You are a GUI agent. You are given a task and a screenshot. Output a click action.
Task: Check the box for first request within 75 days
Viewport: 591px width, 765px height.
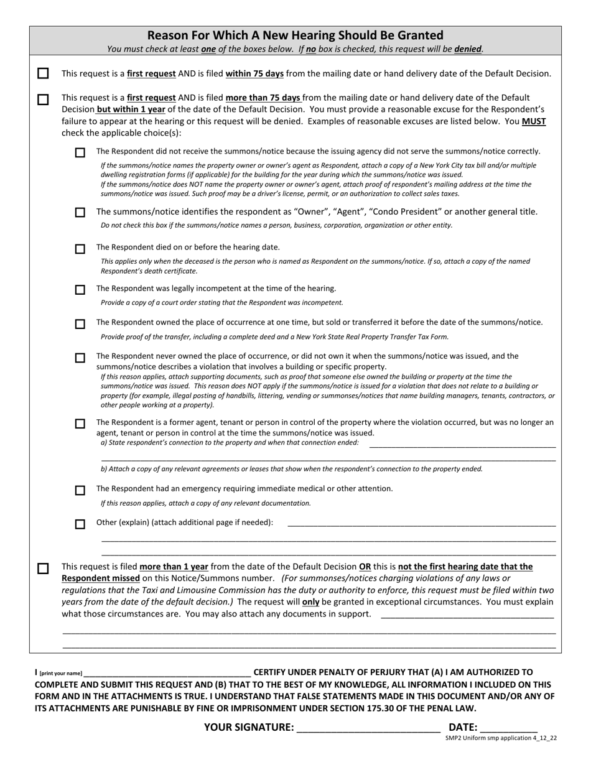43,73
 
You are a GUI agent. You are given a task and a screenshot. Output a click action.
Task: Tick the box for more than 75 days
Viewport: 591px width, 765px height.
43,100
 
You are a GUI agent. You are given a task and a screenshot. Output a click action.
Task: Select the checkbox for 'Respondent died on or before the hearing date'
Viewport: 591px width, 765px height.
80,249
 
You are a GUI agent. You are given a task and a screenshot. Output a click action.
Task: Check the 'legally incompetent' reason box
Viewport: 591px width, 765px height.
80,290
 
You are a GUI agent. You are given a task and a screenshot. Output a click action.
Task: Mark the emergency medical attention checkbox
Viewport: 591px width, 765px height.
80,490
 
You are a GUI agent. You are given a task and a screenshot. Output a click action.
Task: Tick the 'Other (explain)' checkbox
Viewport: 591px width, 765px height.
80,524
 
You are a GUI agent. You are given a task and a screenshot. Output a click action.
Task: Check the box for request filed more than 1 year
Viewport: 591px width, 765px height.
43,568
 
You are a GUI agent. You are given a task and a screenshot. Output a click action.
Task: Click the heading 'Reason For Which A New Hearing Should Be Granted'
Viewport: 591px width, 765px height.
295,35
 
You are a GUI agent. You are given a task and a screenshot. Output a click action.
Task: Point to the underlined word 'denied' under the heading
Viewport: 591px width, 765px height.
468,49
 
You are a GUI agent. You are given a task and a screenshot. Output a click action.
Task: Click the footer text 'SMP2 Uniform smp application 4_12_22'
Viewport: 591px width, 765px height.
501,738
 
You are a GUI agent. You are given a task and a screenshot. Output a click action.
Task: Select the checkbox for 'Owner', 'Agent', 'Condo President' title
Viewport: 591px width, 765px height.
80,213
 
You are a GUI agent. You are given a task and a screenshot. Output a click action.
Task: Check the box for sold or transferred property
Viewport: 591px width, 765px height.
80,324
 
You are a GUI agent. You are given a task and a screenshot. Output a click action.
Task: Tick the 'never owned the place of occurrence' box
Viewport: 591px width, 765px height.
80,358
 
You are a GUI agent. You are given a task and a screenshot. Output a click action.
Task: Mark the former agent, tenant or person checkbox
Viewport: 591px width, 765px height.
80,424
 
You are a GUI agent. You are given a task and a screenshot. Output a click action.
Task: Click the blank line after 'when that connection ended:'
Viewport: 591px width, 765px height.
462,444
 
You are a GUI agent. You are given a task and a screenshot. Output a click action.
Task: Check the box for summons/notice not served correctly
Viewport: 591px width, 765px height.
80,152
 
